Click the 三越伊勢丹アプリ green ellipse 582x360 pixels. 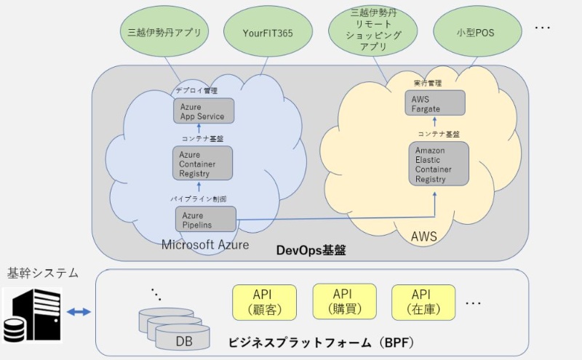[x=164, y=32]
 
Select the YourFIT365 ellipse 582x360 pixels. [x=267, y=32]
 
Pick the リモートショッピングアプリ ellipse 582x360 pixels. [x=374, y=30]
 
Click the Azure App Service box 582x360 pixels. [x=203, y=111]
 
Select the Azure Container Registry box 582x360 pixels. [x=203, y=164]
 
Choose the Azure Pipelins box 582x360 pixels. [x=206, y=220]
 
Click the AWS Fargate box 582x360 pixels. [x=435, y=103]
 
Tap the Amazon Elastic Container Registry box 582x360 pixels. [x=438, y=164]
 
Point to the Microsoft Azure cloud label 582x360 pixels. [x=204, y=245]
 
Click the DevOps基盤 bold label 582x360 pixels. [x=311, y=250]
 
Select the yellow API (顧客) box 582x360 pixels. [x=262, y=302]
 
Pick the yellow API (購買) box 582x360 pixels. [x=342, y=302]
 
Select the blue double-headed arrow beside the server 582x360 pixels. [x=77, y=312]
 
